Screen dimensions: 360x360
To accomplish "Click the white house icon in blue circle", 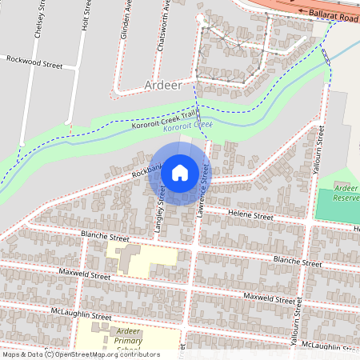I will tap(180, 172).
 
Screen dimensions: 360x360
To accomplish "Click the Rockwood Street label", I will tap(34, 60).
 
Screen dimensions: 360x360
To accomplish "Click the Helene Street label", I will tap(250, 216).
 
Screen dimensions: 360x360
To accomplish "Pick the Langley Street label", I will tap(160, 209).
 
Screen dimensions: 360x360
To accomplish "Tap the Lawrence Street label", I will tap(204, 190).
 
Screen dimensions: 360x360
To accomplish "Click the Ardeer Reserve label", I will tap(346, 190).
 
